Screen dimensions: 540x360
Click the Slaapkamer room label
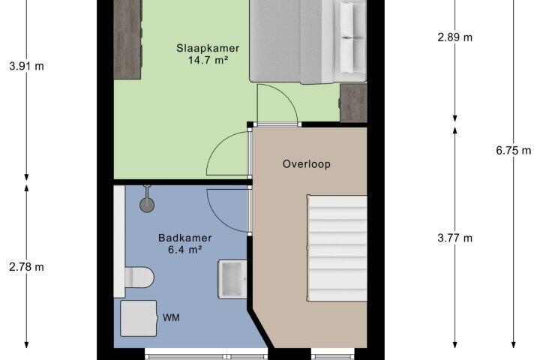208,48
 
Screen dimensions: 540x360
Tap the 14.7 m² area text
208,60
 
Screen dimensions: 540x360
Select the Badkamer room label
185,238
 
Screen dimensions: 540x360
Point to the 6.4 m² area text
185,250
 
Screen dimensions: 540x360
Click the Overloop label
307,164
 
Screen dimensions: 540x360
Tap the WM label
171,318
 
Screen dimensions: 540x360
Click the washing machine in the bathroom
139,318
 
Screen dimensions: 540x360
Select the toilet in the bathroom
139,277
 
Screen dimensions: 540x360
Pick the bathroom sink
232,279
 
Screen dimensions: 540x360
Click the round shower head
147,205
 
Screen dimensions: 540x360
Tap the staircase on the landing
337,248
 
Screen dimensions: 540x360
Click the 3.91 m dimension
26,66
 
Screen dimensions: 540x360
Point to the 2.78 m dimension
26,267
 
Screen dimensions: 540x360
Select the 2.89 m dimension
455,37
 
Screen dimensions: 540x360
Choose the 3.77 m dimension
455,238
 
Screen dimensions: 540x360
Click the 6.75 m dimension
514,151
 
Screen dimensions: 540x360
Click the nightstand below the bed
353,103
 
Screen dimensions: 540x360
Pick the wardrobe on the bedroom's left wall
127,40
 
